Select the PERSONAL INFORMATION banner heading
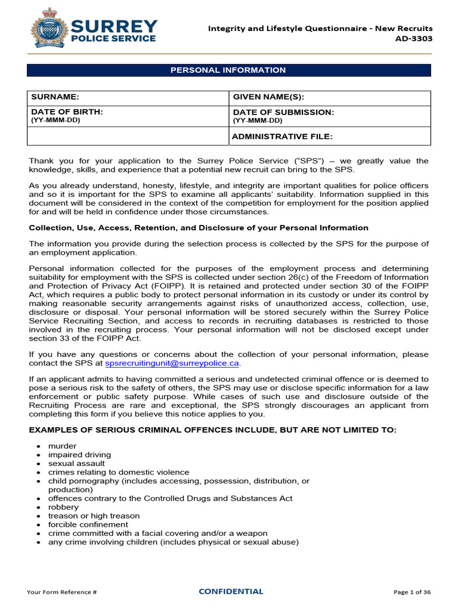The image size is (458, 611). pos(228,70)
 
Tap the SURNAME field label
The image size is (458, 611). pos(55,97)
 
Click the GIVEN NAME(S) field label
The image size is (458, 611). pos(268,97)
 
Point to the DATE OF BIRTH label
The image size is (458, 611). pos(67,112)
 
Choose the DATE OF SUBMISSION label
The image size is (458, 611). pos(283,113)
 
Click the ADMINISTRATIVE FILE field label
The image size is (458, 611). pos(282,137)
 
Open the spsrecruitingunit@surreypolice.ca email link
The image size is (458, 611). pos(172,363)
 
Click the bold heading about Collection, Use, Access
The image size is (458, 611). pos(199,228)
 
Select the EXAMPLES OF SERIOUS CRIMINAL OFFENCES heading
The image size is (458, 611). pos(212,430)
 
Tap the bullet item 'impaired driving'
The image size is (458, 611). pos(79,455)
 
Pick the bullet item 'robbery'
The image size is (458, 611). pos(63,507)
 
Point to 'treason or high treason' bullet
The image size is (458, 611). pos(94,516)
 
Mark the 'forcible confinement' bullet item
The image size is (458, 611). pos(88,524)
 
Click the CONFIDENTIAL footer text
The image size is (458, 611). pos(231,592)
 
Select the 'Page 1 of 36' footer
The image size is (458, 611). pos(412,592)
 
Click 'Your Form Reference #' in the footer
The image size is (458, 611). pos(61,592)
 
